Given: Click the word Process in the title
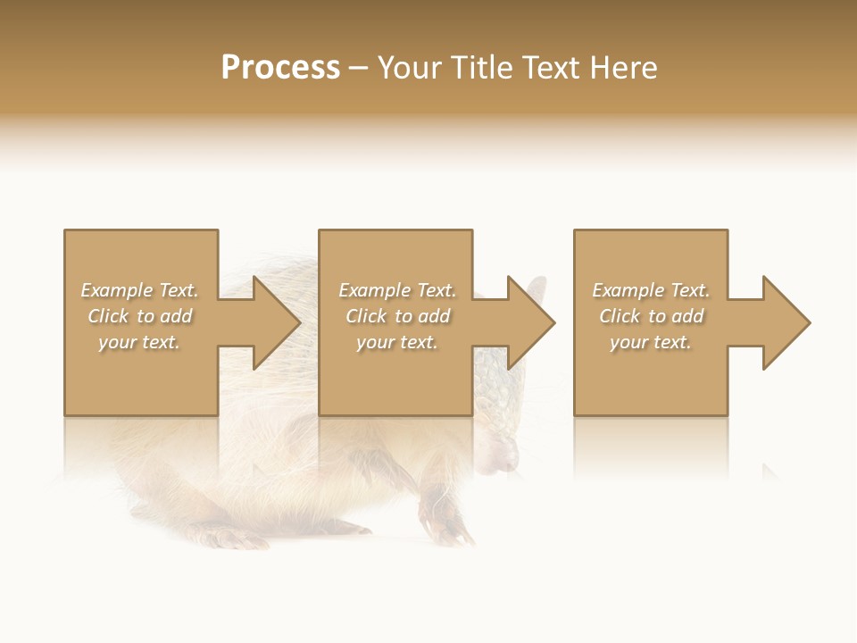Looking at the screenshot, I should (x=280, y=68).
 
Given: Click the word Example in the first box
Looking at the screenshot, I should (x=116, y=290).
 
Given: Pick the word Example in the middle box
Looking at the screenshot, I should (x=374, y=290).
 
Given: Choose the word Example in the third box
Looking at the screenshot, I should (x=628, y=290).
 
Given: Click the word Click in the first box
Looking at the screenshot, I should (x=109, y=316).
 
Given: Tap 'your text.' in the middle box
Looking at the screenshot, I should (x=397, y=342).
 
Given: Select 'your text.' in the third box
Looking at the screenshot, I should (x=651, y=342).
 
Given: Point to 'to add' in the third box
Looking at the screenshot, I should (x=677, y=316).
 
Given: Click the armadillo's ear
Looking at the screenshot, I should (x=537, y=290).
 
